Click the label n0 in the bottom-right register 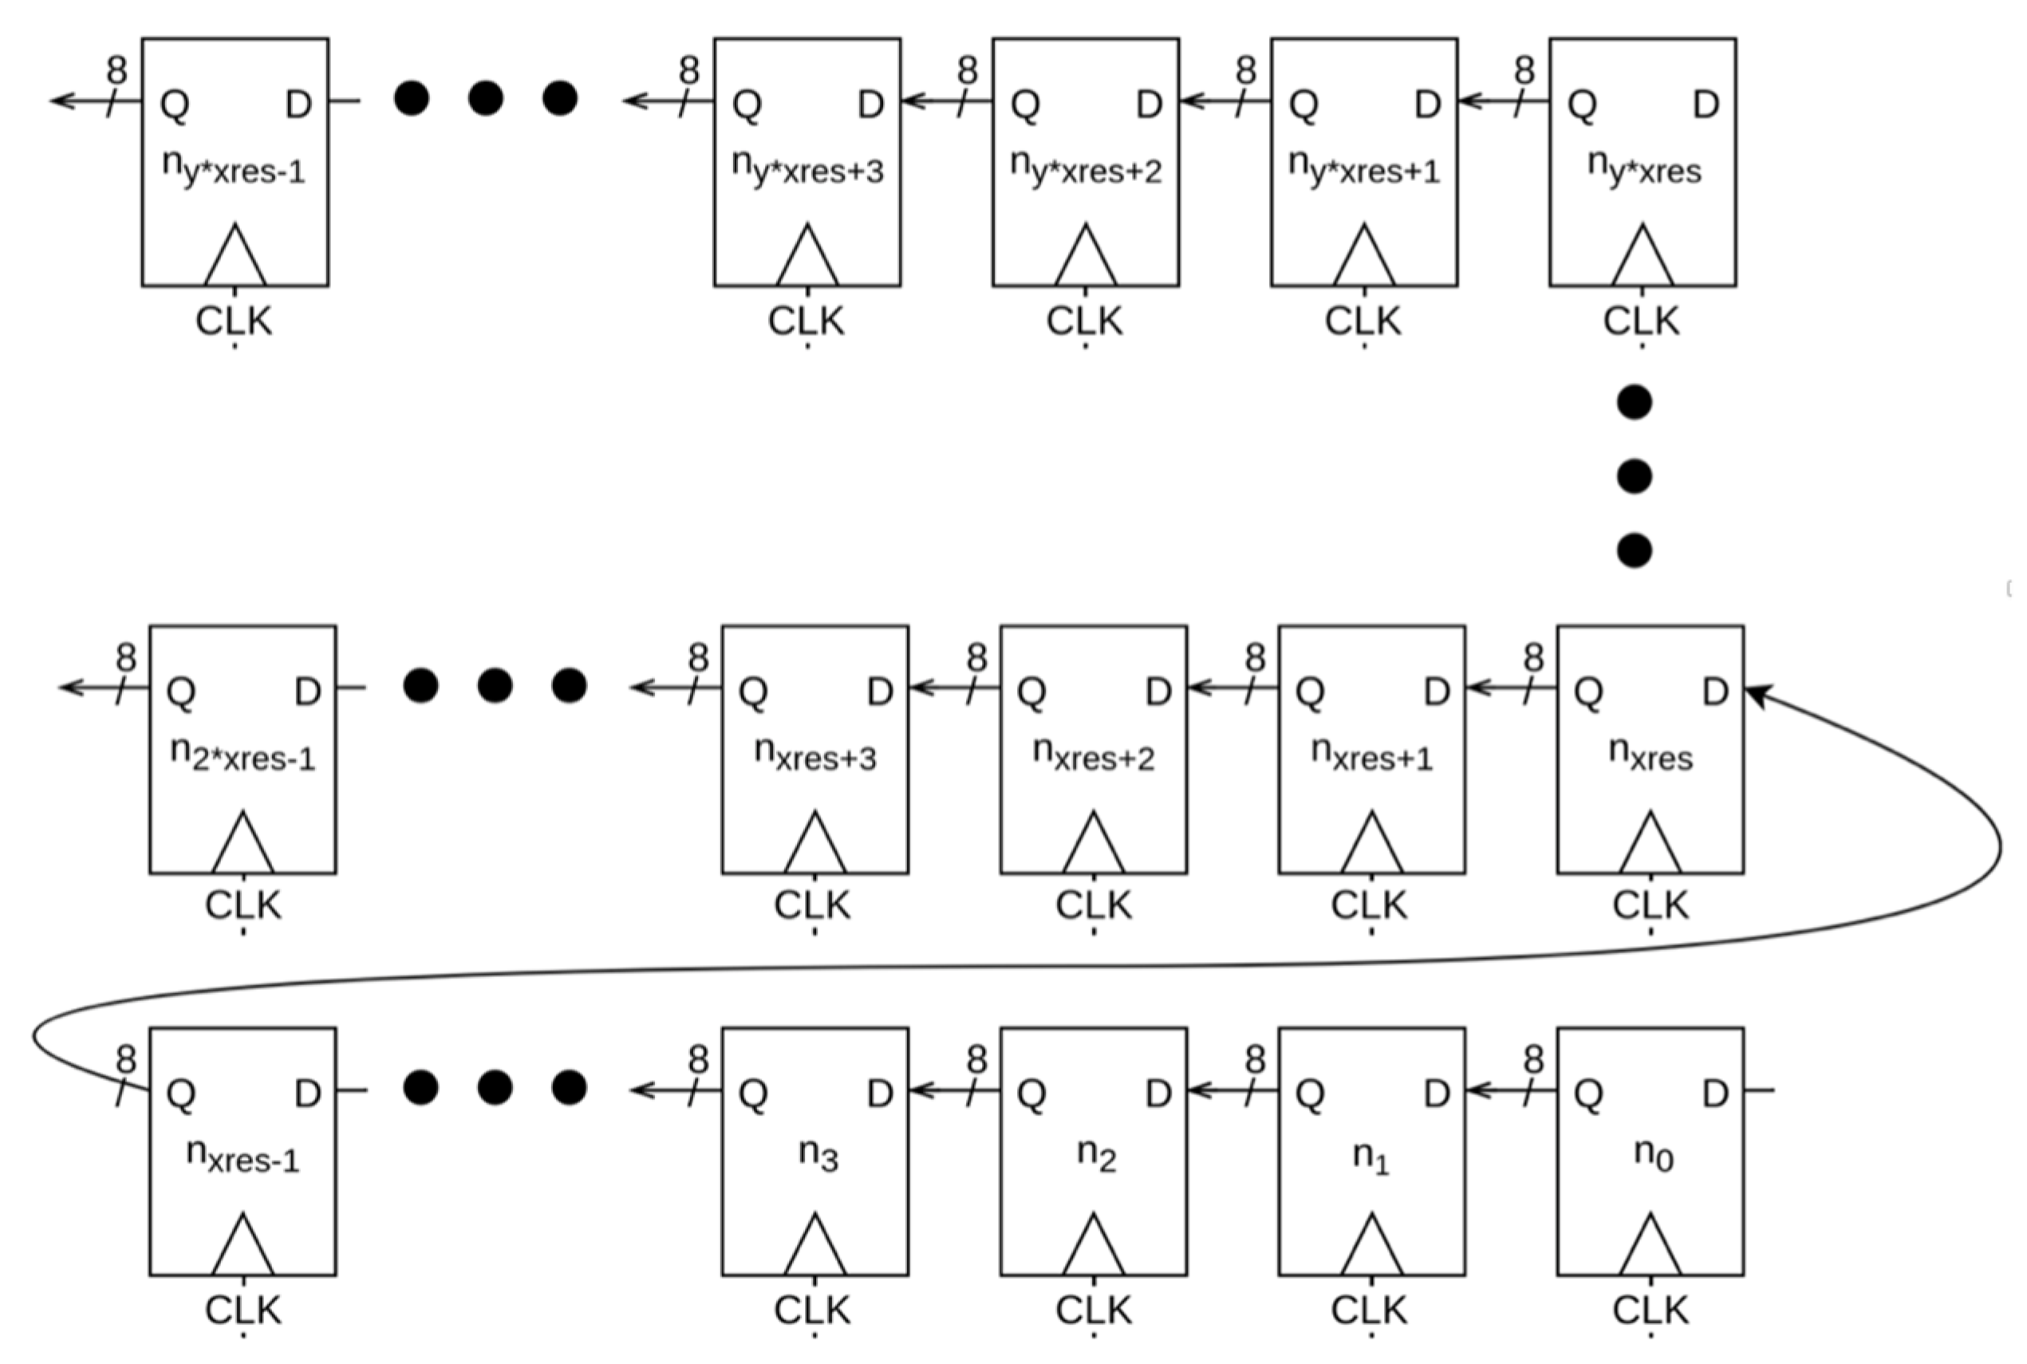[x=1653, y=1155]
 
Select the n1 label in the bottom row [x=1371, y=1155]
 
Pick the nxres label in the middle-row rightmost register [x=1650, y=755]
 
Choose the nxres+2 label [x=1094, y=755]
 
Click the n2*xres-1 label [x=243, y=755]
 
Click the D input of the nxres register [x=1714, y=692]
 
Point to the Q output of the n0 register [x=1588, y=1094]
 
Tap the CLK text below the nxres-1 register [x=243, y=1310]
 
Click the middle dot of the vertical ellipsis [x=1634, y=477]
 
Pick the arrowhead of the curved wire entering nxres [x=1757, y=695]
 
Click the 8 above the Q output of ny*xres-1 [x=116, y=70]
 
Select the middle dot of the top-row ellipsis [x=486, y=98]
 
